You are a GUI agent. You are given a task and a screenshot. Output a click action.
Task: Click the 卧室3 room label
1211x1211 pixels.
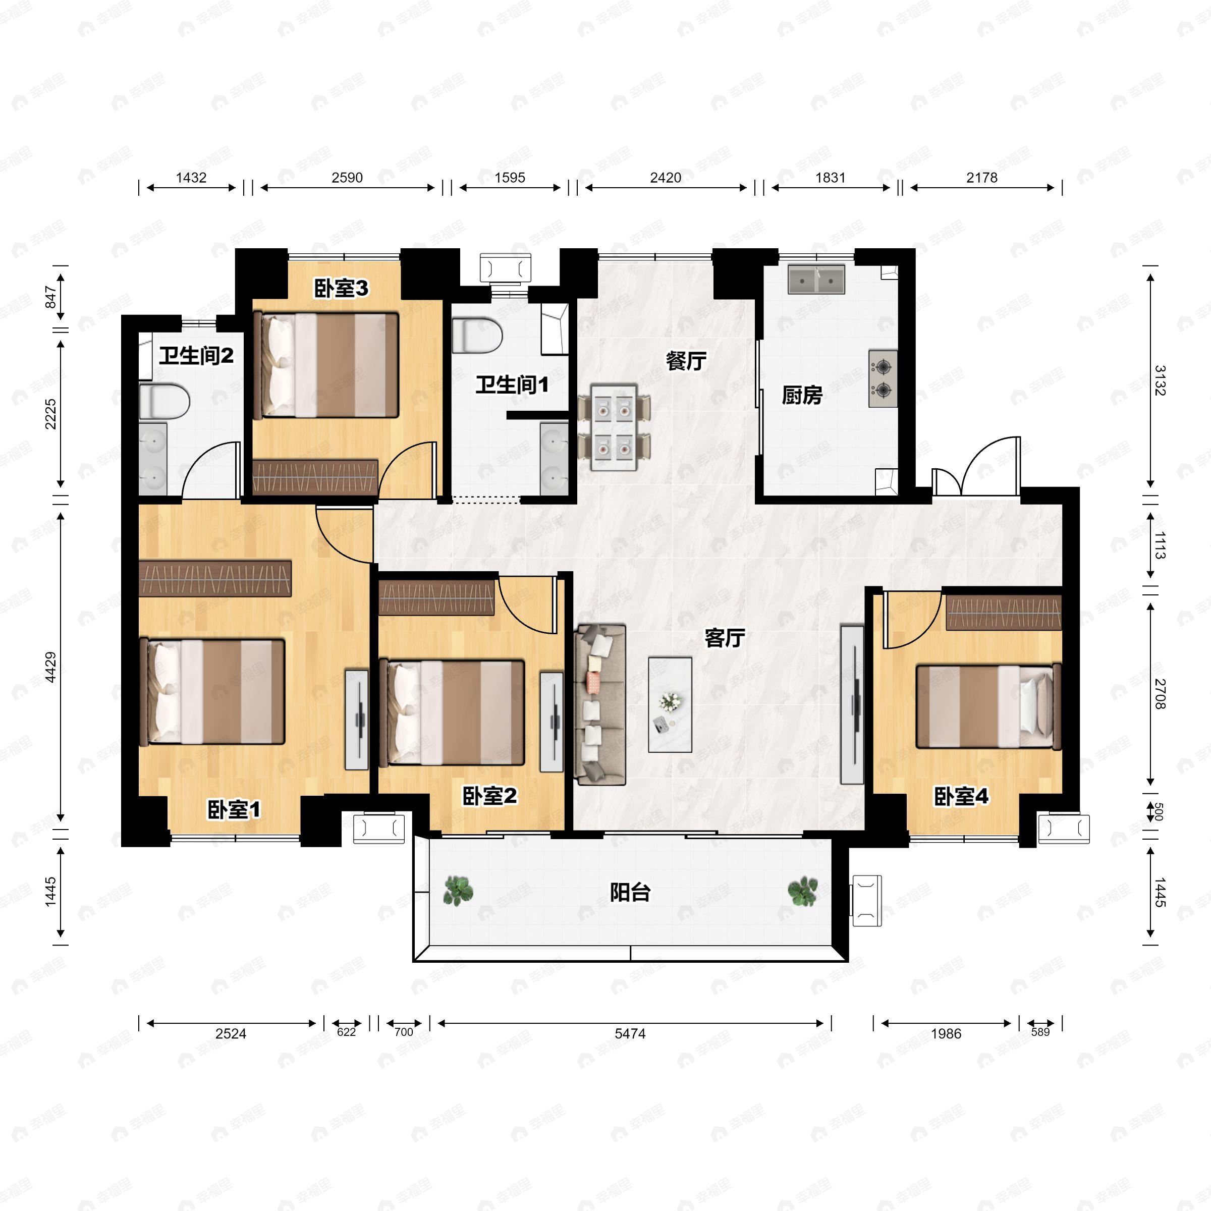pyautogui.click(x=341, y=288)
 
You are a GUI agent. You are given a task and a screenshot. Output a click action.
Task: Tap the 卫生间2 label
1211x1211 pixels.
pyautogui.click(x=196, y=356)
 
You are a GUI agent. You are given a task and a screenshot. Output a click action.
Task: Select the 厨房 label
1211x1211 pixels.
pyautogui.click(x=802, y=396)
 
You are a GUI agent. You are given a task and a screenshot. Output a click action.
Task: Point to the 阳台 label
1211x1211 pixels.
pyautogui.click(x=630, y=892)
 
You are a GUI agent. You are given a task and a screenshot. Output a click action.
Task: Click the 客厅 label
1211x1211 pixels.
pyautogui.click(x=725, y=638)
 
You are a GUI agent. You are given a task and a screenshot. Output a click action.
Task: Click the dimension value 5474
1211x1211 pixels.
pyautogui.click(x=630, y=1033)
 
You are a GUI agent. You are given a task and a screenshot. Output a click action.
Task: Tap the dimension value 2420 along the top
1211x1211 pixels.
pyautogui.click(x=665, y=178)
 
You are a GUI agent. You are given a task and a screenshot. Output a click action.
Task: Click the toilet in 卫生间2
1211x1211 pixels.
pyautogui.click(x=164, y=402)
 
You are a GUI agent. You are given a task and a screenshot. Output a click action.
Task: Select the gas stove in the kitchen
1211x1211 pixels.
pyautogui.click(x=883, y=378)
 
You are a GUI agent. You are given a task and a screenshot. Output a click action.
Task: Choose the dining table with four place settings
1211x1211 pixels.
pyautogui.click(x=614, y=427)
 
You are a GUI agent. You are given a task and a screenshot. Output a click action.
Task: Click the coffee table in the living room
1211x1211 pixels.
pyautogui.click(x=670, y=704)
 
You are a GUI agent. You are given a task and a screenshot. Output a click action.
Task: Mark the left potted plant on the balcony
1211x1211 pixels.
pyautogui.click(x=458, y=891)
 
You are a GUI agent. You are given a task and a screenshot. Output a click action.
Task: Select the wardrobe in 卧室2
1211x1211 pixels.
pyautogui.click(x=437, y=598)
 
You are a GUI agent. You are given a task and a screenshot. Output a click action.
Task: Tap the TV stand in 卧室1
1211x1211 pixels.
pyautogui.click(x=357, y=720)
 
